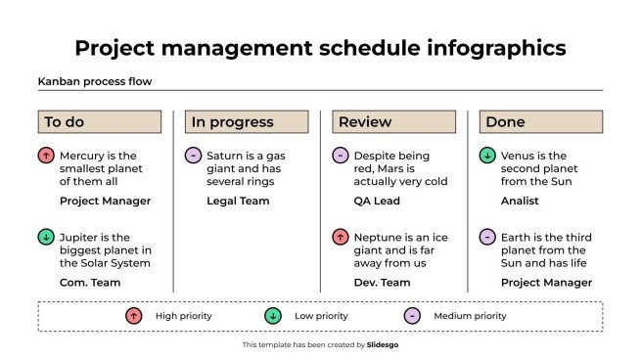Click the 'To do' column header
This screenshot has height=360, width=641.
99,122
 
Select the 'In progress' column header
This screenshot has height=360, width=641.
247,122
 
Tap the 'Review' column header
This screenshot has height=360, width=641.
393,122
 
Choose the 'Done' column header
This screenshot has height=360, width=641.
540,122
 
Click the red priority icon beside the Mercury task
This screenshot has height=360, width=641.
46,156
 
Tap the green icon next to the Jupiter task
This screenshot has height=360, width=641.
46,237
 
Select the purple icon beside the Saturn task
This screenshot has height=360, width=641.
193,156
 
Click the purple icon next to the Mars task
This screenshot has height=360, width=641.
341,156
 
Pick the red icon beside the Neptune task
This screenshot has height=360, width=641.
341,237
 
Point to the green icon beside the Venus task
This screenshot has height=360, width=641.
487,156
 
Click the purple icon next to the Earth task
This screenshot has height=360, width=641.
487,237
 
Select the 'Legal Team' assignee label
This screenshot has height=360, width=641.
238,202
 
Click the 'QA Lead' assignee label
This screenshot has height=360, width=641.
378,202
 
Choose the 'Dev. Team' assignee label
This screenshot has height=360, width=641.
383,283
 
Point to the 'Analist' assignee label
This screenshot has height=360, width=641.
520,202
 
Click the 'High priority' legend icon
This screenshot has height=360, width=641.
133,316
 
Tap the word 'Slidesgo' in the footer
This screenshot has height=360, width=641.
382,345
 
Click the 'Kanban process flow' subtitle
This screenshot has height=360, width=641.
94,82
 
